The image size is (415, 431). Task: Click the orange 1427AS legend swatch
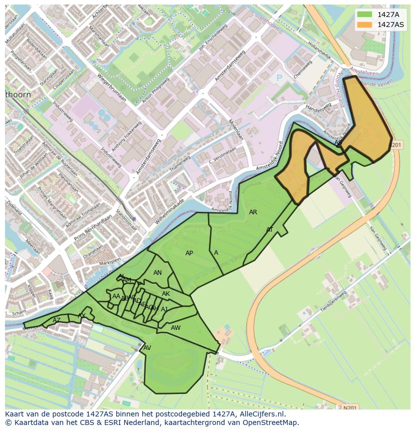pos(365,25)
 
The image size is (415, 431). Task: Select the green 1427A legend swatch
pos(365,15)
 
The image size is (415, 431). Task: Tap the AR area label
pos(253,212)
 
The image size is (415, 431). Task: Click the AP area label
pos(189,253)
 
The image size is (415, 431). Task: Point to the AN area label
pos(157,273)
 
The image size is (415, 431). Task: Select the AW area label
pos(175,328)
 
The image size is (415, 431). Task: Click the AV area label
pos(147,347)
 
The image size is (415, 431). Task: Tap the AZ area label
pos(56,320)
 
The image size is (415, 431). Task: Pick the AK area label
pos(166,294)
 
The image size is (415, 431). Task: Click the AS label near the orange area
pos(338,143)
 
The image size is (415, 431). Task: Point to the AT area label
pos(270,230)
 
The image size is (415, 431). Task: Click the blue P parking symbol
pos(279,78)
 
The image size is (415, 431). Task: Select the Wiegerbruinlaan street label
pos(110,88)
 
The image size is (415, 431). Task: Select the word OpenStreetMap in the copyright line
pos(270,422)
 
